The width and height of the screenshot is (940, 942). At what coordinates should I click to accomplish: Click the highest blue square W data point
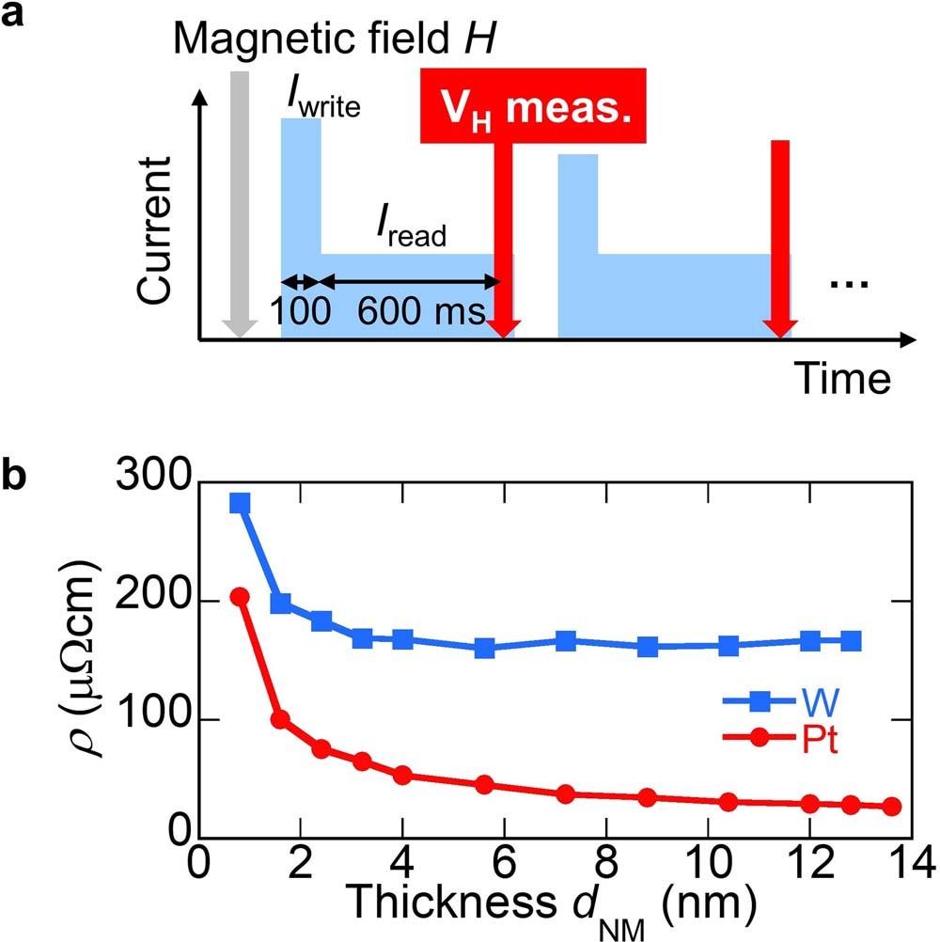[240, 505]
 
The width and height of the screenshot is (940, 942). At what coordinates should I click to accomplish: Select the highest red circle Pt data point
[240, 597]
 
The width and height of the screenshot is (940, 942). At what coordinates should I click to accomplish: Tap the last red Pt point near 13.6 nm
[892, 807]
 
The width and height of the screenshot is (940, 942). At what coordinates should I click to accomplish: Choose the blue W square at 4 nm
[402, 640]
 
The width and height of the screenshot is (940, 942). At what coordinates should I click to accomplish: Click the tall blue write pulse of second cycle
[578, 202]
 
